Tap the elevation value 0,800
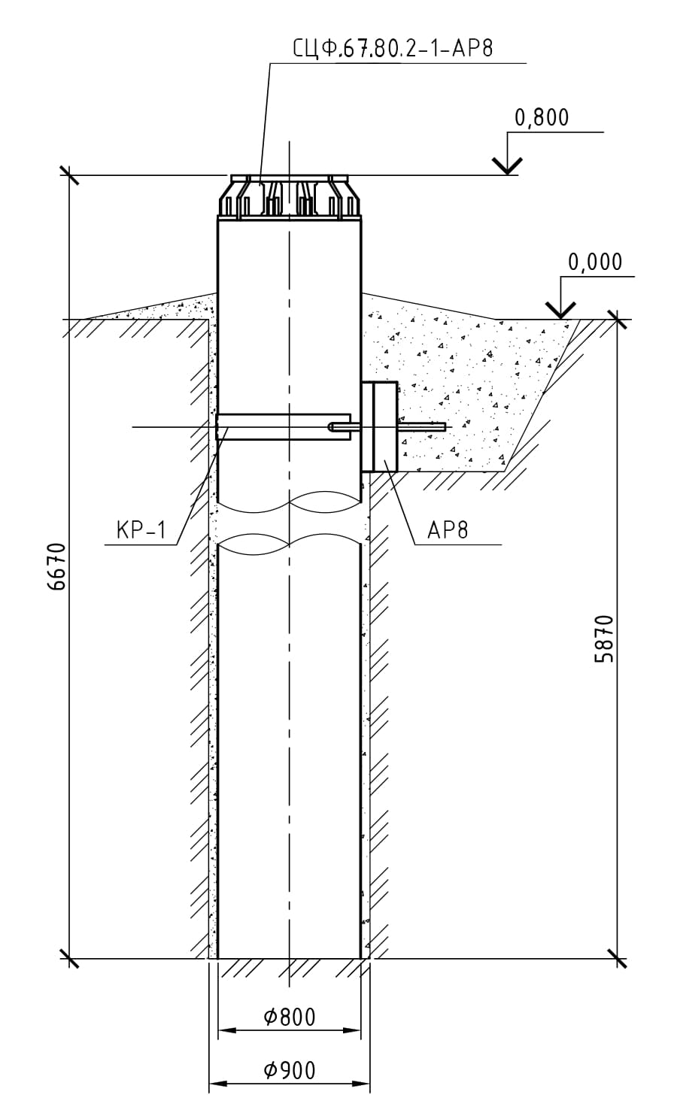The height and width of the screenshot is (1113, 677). click(542, 118)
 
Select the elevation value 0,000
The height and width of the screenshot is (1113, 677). click(595, 262)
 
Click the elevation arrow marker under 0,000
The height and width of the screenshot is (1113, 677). click(560, 308)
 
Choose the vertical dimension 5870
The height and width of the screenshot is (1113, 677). click(604, 638)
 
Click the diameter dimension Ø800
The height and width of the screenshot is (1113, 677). click(290, 1017)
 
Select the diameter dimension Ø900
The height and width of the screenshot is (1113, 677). click(290, 1070)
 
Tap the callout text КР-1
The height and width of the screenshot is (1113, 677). click(141, 530)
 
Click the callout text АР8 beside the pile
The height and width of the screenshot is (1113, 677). click(448, 530)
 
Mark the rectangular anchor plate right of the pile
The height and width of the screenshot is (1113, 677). click(379, 426)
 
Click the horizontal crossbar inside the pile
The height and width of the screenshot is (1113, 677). click(283, 426)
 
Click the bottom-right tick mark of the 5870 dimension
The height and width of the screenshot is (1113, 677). click(618, 959)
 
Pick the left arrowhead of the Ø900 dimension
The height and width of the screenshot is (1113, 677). click(214, 1084)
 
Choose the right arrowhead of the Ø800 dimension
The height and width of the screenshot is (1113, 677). click(357, 1030)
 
